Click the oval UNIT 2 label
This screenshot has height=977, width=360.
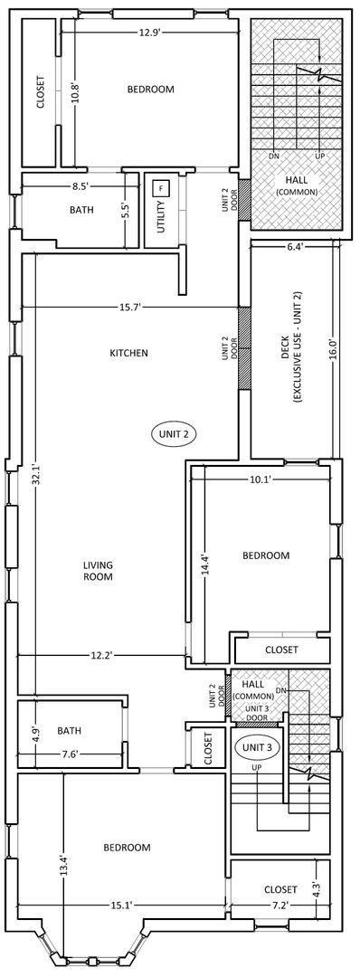click(175, 434)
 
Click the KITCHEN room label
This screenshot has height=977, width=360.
click(129, 354)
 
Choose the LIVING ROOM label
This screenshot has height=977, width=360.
click(99, 571)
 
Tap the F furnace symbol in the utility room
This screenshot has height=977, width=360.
click(161, 187)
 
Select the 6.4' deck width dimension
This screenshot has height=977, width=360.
click(296, 247)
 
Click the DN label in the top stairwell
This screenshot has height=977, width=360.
click(273, 156)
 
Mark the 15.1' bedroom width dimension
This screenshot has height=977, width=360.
click(118, 905)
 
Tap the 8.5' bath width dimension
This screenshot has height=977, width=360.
click(79, 185)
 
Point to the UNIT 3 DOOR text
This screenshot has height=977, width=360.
click(257, 713)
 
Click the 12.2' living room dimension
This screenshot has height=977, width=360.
click(99, 655)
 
